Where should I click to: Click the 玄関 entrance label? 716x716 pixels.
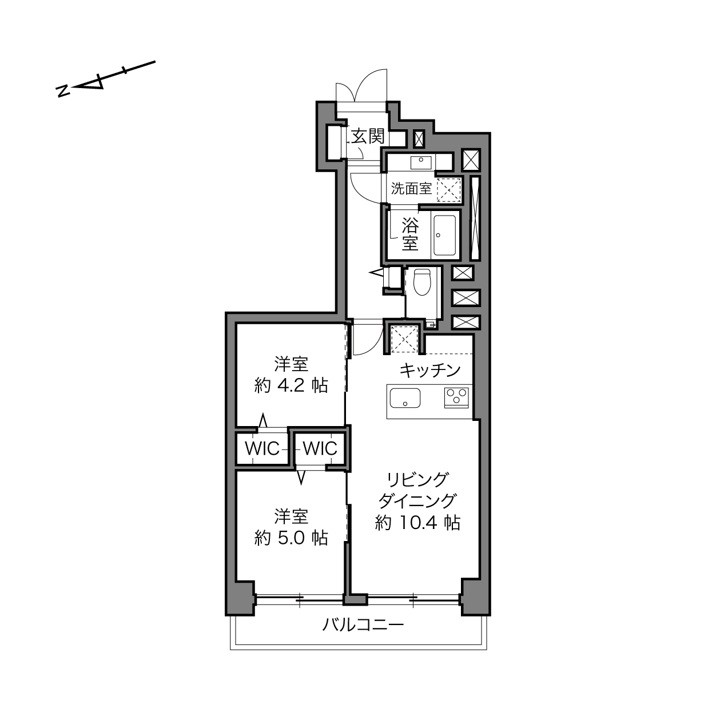tap(368, 136)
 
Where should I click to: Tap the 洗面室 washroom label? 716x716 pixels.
tap(411, 189)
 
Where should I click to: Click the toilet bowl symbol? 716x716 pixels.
tap(421, 282)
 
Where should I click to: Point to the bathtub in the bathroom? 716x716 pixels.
tap(445, 235)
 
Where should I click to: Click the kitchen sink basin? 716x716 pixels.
tap(405, 398)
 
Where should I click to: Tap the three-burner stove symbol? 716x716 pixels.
tap(456, 397)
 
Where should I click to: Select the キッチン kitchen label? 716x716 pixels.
tap(430, 371)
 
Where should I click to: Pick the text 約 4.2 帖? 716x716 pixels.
tap(291, 385)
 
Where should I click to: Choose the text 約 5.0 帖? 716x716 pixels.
tap(291, 538)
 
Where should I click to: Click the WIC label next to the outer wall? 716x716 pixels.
tap(262, 448)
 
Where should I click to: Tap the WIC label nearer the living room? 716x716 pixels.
tap(320, 448)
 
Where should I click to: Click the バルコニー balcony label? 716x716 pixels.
tap(363, 625)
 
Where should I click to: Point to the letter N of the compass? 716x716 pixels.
tap(63, 91)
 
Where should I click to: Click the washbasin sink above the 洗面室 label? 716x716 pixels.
tap(421, 162)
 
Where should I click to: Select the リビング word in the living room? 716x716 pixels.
tap(417, 480)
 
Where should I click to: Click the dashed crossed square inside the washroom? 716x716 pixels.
tap(449, 190)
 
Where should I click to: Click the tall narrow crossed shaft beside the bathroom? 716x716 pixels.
tap(475, 218)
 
